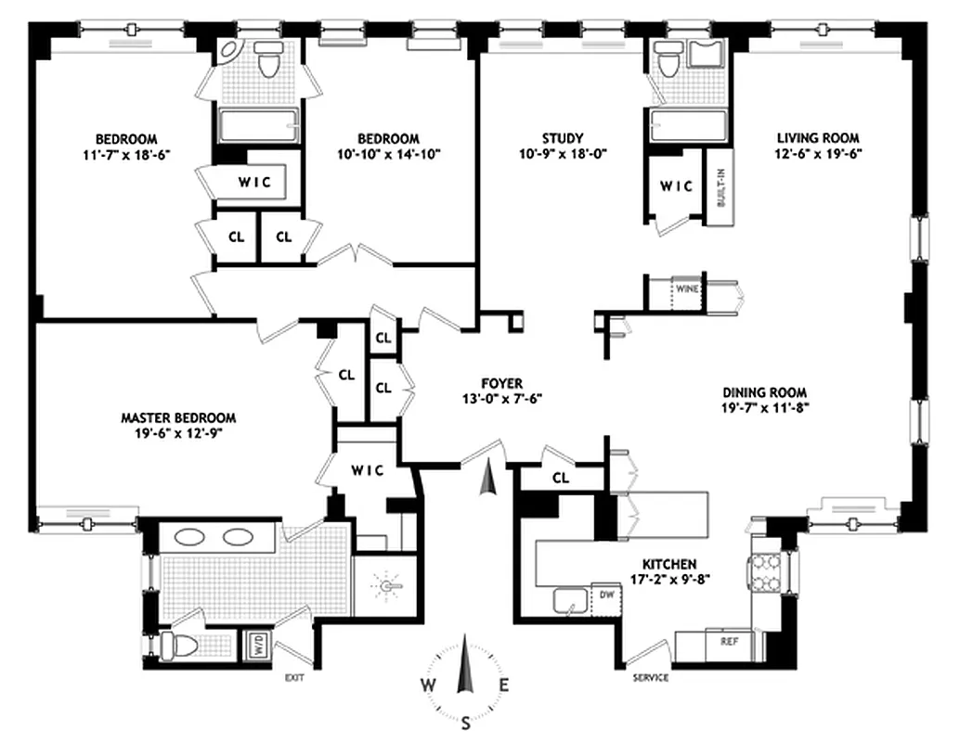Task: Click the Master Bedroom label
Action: tap(178, 417)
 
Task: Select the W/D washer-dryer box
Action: tap(253, 644)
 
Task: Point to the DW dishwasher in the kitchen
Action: tap(605, 594)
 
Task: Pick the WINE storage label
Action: tap(687, 288)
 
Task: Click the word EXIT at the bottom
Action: tap(295, 678)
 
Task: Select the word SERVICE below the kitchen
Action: tap(650, 678)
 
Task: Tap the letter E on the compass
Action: tap(504, 686)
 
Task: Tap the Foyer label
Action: tap(502, 382)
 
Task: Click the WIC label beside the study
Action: tap(677, 185)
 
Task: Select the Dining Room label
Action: tap(767, 391)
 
